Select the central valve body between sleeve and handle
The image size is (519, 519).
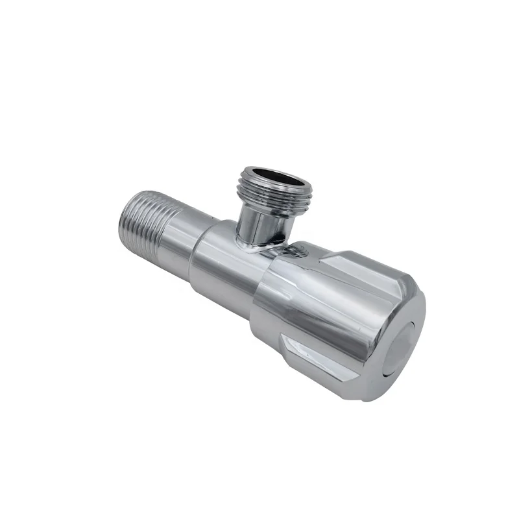coord(227,272)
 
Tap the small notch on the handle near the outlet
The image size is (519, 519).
coord(301,250)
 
